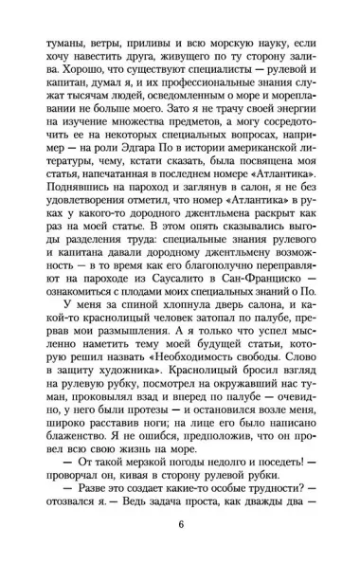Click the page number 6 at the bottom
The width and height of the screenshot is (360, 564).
[x=181, y=529]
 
